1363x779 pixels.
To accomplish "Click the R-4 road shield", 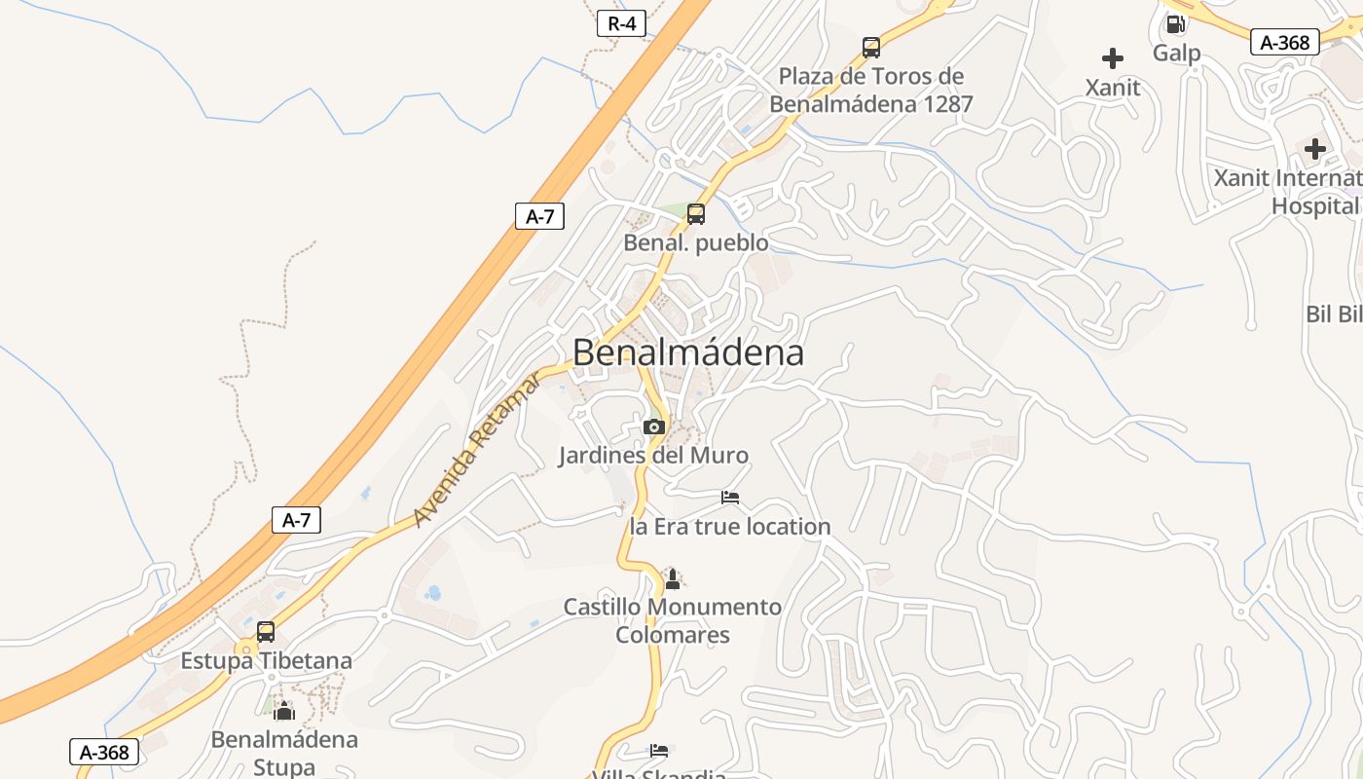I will click(x=621, y=23).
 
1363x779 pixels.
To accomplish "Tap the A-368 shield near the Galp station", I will click(x=1284, y=42).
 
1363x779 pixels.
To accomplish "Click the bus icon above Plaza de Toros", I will click(x=871, y=47).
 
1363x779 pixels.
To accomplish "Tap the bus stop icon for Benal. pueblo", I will click(x=695, y=213).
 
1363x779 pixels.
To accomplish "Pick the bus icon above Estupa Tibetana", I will click(x=266, y=631).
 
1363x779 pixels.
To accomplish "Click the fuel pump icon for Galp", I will click(x=1176, y=23).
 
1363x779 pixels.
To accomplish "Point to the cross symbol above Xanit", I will click(x=1113, y=58).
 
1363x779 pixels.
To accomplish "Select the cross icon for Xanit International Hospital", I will click(x=1315, y=149).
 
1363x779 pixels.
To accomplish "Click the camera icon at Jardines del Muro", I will click(x=653, y=427).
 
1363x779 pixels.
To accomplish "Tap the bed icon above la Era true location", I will click(x=730, y=498).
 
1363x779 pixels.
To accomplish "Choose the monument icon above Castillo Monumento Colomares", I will click(x=672, y=578).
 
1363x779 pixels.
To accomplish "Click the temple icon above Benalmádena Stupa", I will click(x=284, y=711).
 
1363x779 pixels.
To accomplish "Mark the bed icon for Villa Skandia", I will click(x=660, y=750).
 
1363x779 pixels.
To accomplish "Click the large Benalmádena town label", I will click(x=688, y=352).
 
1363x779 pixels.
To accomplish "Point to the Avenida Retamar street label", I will click(x=476, y=450).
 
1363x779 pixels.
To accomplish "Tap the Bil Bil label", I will click(x=1334, y=314).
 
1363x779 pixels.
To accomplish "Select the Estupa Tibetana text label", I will click(x=266, y=661).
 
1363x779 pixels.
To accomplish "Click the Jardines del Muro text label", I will click(x=653, y=455).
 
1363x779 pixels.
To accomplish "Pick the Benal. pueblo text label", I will click(x=695, y=242).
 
